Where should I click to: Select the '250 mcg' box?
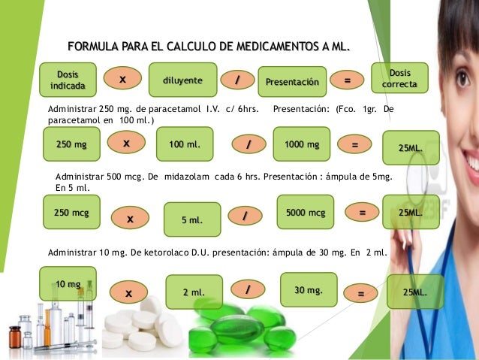pyautogui.click(x=71, y=213)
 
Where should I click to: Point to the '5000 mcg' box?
pyautogui.click(x=306, y=213)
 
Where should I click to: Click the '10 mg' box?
pyautogui.click(x=68, y=283)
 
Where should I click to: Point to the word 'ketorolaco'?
pyautogui.click(x=163, y=253)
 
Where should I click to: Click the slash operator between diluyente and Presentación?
pyautogui.click(x=238, y=79)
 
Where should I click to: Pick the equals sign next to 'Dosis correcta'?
pyautogui.click(x=347, y=79)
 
